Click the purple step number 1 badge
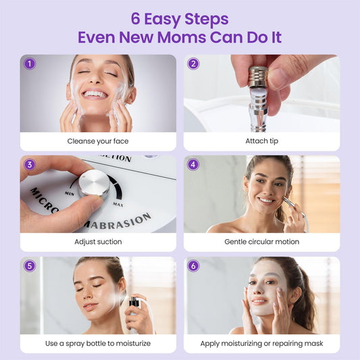point(30,63)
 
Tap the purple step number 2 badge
point(193,63)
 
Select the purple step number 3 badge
point(30,165)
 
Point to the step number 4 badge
point(193,165)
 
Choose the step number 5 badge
point(30,266)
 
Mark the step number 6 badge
point(193,266)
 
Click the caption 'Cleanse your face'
point(98,141)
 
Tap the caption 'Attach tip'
point(262,140)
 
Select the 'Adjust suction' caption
point(98,242)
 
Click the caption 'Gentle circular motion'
point(262,242)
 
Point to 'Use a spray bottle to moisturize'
point(98,344)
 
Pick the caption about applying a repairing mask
point(262,344)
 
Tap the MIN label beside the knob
point(70,194)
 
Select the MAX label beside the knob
point(118,205)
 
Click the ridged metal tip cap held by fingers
point(258,77)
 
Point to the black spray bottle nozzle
point(134,301)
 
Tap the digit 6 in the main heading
point(136,19)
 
